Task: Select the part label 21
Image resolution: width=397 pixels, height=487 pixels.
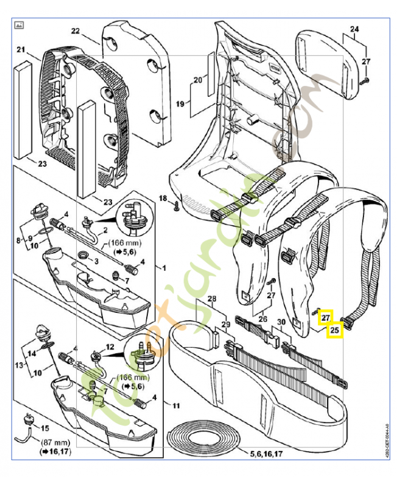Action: [20, 49]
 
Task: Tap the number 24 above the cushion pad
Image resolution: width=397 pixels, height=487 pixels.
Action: [355, 29]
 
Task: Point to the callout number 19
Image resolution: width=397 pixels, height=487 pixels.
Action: [180, 104]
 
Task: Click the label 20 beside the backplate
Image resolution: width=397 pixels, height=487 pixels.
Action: [197, 80]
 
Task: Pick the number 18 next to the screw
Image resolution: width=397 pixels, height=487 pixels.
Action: [163, 198]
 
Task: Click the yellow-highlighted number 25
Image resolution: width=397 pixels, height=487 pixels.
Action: [335, 330]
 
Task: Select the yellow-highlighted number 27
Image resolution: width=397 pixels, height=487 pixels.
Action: [326, 317]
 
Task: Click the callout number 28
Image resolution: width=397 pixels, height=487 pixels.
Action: [211, 299]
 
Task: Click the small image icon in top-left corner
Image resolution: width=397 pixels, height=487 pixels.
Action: [19, 26]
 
